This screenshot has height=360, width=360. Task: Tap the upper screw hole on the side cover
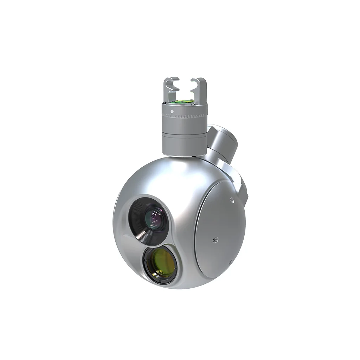coord(231,200)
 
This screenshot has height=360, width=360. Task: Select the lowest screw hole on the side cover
coord(229,262)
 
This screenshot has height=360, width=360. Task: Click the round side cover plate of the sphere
coord(218,229)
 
